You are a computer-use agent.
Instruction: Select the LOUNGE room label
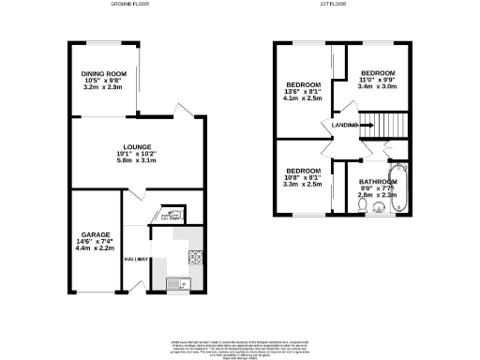[x=137, y=146]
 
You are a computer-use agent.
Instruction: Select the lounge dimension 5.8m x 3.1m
[x=137, y=161]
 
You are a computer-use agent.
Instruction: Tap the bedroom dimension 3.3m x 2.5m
[x=304, y=185]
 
